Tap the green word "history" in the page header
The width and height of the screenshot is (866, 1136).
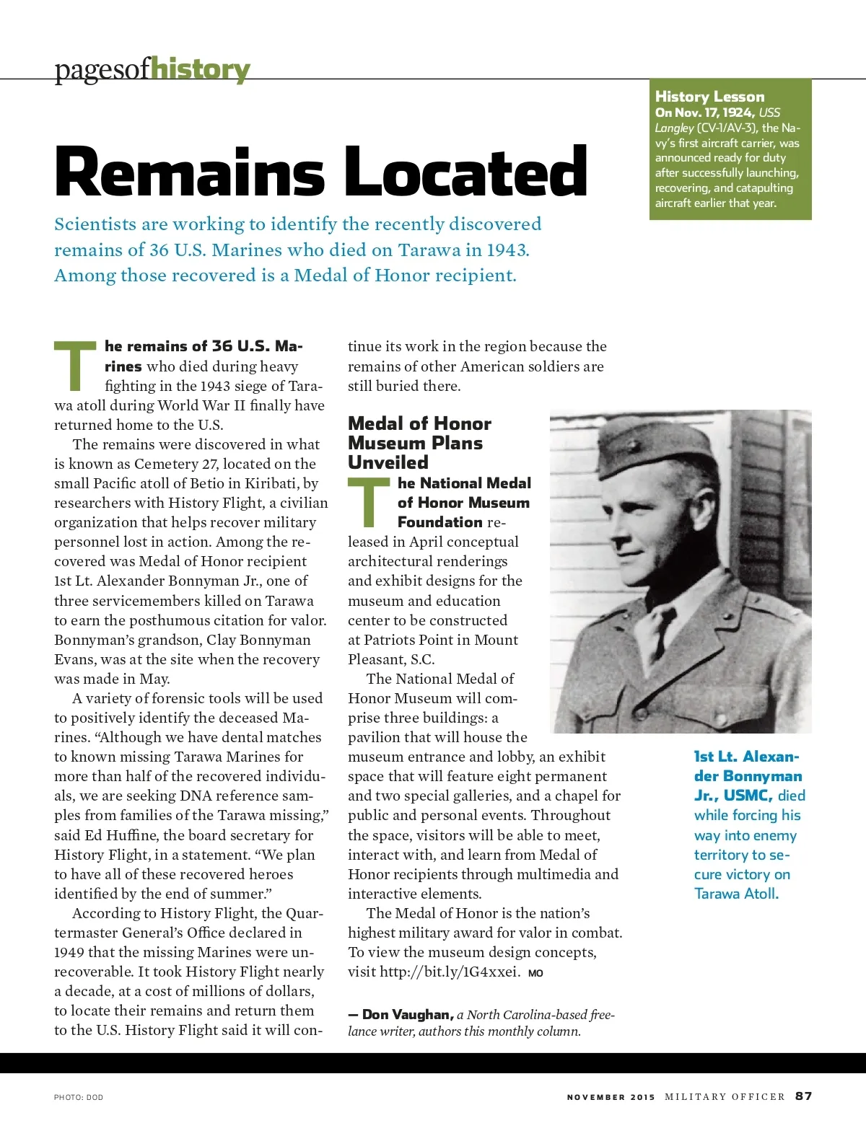pyautogui.click(x=201, y=70)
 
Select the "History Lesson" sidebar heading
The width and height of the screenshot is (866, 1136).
pyautogui.click(x=709, y=97)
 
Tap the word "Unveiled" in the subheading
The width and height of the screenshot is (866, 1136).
pyautogui.click(x=388, y=462)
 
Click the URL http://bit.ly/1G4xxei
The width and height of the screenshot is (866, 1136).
pyautogui.click(x=450, y=972)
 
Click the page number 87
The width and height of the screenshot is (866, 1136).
pyautogui.click(x=803, y=1096)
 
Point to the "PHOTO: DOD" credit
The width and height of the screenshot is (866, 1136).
pyautogui.click(x=79, y=1097)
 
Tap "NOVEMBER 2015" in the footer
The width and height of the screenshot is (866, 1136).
pyautogui.click(x=611, y=1097)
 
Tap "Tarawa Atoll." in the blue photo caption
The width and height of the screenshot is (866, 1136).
pyautogui.click(x=736, y=894)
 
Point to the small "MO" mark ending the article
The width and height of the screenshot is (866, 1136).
pyautogui.click(x=535, y=973)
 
